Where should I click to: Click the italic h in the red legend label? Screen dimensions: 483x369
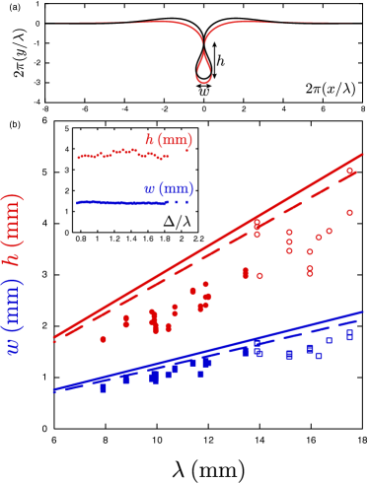pyautogui.click(x=150, y=141)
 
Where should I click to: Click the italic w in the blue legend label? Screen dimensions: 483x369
pyautogui.click(x=149, y=189)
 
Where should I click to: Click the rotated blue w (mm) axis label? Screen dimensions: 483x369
pyautogui.click(x=14, y=316)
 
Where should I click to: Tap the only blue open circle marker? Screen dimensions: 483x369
pyautogui.click(x=319, y=356)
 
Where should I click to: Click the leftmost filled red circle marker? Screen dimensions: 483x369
pyautogui.click(x=103, y=339)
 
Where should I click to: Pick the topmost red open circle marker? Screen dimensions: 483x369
pyautogui.click(x=349, y=171)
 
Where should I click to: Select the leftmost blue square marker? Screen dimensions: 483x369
pyautogui.click(x=103, y=388)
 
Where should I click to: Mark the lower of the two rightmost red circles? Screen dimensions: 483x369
pyautogui.click(x=349, y=212)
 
